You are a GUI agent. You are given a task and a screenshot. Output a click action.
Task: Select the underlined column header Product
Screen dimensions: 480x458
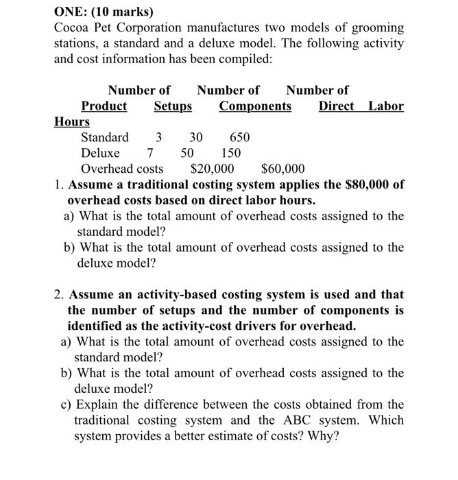coord(104,106)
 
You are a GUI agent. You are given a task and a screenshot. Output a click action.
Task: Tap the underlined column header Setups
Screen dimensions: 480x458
coord(173,106)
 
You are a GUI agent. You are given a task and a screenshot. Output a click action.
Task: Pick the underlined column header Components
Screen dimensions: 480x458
coord(255,106)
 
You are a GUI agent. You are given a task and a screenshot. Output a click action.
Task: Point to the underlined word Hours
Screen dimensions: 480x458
coord(72,122)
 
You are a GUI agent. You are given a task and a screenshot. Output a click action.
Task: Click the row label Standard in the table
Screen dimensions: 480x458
coord(105,137)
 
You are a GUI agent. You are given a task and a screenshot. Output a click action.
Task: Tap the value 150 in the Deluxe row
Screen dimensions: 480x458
coord(230,153)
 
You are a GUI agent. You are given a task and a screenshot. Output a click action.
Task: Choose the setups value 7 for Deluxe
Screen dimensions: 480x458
coord(150,153)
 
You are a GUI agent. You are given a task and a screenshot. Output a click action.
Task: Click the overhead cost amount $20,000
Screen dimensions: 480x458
coord(212,169)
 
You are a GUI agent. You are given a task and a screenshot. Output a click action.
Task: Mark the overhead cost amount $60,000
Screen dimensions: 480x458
coord(283,169)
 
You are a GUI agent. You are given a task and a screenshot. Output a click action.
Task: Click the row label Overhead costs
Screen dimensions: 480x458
coord(122,169)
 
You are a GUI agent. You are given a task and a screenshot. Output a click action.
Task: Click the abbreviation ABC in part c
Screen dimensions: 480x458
coord(313,420)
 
